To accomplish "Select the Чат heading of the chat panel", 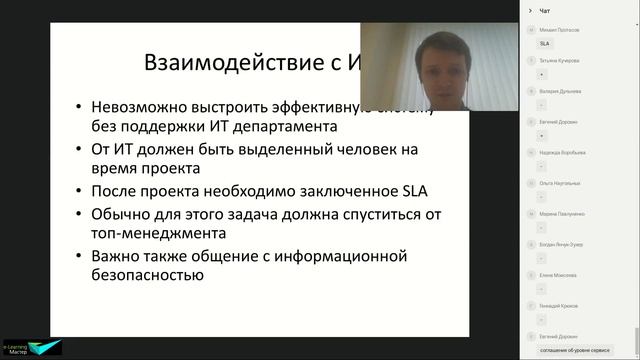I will point(545,11).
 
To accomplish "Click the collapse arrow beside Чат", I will point(530,11).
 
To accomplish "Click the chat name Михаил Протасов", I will point(560,30).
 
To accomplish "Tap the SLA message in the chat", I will point(545,44).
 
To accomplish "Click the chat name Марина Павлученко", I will point(562,214).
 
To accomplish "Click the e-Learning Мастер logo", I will point(31,346).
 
